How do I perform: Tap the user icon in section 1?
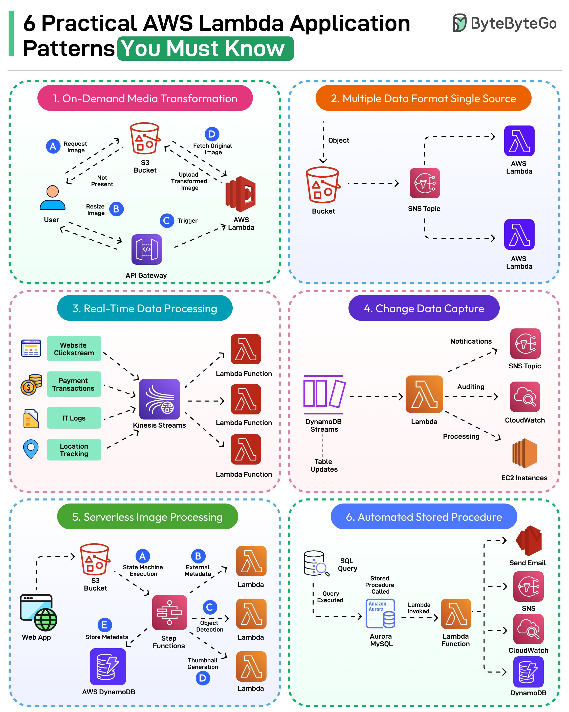53,198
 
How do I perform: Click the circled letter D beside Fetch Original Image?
212,134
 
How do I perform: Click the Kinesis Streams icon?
159,399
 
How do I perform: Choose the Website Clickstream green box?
74,349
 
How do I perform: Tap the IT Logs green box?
74,418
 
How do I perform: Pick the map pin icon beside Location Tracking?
31,449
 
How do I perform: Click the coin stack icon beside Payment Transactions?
31,384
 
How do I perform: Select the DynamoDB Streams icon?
324,395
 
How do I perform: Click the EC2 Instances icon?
524,453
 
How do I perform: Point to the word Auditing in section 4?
471,387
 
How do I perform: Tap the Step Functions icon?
169,612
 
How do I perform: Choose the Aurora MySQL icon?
380,613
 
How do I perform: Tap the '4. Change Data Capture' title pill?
424,308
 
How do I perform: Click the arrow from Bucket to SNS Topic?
373,183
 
